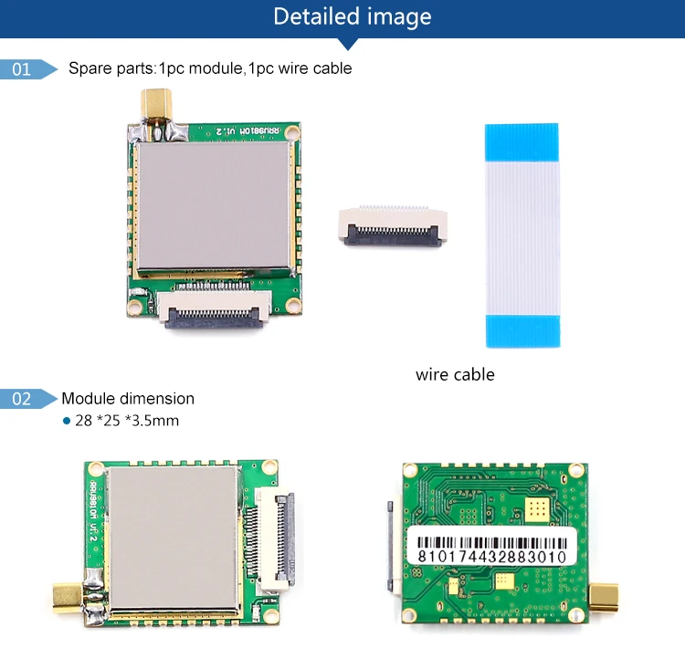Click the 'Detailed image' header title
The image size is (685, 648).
tap(352, 16)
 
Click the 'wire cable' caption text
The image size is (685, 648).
tap(455, 374)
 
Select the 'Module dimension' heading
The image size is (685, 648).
tap(128, 399)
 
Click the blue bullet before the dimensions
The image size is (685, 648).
tap(66, 422)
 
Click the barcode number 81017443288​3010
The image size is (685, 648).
tap(490, 556)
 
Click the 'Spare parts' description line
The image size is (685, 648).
tap(210, 68)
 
